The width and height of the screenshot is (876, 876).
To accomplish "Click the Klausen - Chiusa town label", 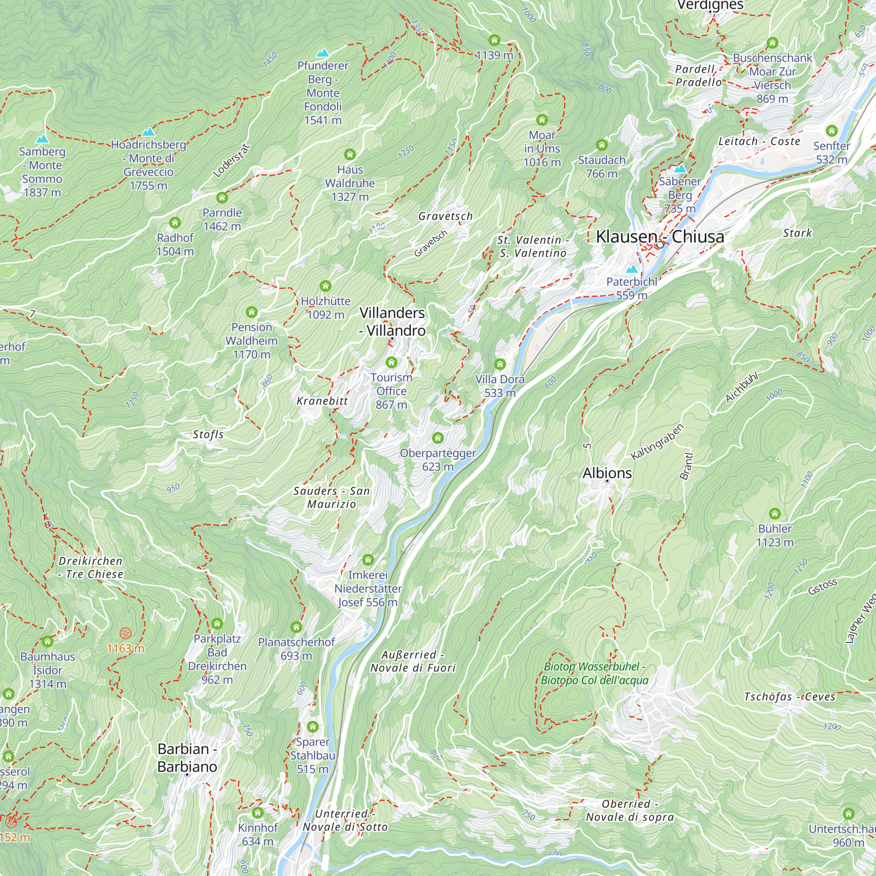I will click(x=660, y=237).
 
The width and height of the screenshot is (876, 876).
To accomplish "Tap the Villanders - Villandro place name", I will click(x=392, y=321).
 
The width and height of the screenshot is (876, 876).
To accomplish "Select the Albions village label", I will click(x=607, y=473).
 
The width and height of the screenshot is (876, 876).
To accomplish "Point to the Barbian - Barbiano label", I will click(x=187, y=758).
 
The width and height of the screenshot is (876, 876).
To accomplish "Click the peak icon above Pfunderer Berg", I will click(x=322, y=53).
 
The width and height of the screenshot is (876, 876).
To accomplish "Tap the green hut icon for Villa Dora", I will click(x=500, y=364).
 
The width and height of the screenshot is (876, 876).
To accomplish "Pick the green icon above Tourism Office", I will click(x=391, y=362).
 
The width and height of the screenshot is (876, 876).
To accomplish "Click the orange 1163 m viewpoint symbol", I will click(x=126, y=633).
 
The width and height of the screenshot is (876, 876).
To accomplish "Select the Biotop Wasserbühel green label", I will click(x=594, y=673).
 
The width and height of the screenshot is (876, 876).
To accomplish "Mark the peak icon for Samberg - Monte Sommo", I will click(x=42, y=139).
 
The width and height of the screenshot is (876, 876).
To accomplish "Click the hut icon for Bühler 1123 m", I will click(x=775, y=514).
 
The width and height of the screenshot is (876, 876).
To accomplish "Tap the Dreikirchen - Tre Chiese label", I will click(x=91, y=567).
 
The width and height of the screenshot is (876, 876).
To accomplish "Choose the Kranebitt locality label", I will click(x=322, y=401).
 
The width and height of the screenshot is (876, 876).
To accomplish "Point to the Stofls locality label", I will click(x=208, y=434).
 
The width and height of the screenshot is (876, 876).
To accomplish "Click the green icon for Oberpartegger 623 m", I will click(x=438, y=438).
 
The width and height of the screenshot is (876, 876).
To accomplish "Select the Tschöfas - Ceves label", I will click(x=789, y=696).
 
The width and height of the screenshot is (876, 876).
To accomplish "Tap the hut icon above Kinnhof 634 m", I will click(x=258, y=812).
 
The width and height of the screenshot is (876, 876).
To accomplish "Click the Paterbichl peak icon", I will click(x=632, y=269).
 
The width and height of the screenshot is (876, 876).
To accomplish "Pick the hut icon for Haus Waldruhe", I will click(x=350, y=155).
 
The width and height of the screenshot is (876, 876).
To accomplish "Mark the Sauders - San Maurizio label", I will click(x=332, y=498).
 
